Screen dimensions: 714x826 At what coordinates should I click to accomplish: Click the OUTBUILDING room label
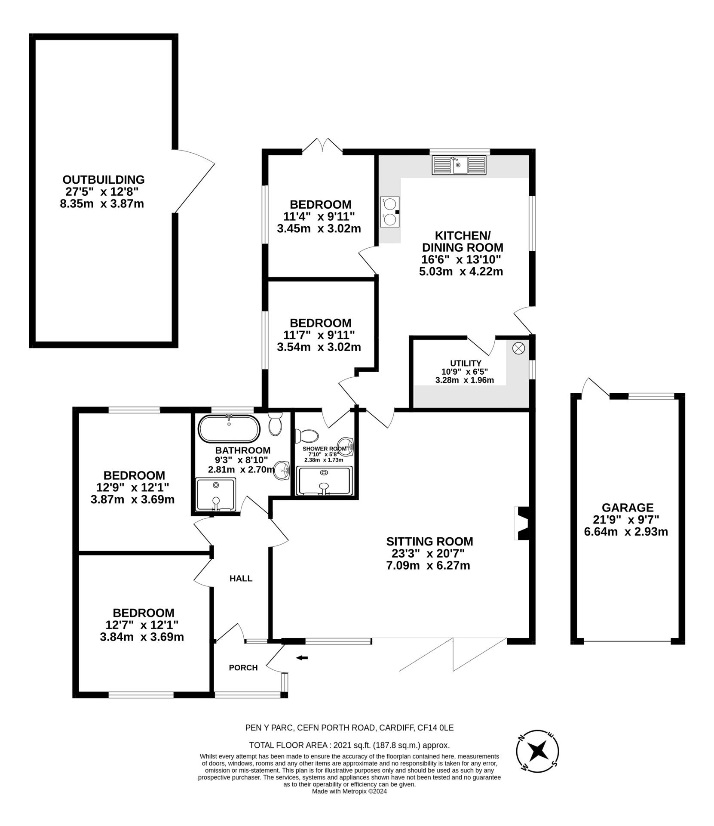(104, 179)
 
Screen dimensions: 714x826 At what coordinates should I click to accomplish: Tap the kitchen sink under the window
(459, 165)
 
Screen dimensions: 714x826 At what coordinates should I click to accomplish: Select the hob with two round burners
(390, 212)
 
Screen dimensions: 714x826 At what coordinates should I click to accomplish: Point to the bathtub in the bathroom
(229, 428)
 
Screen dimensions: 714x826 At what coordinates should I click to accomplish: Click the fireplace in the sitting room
(521, 523)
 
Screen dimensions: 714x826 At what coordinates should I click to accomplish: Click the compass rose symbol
(537, 751)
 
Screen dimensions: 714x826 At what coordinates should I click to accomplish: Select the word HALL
(241, 579)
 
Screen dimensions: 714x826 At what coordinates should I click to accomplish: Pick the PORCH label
(243, 668)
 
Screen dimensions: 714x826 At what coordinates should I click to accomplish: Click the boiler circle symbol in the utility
(518, 348)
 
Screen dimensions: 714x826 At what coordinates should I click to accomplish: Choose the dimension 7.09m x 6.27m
(428, 565)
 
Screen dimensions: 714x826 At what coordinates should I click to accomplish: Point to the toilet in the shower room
(306, 435)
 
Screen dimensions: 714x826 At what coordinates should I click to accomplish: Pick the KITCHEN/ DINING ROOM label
(463, 241)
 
